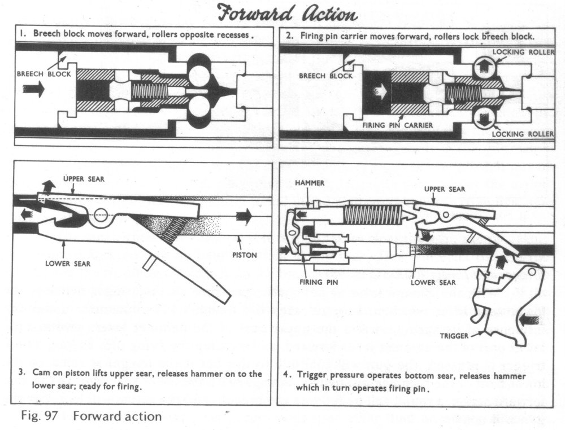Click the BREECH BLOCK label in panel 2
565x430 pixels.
point(325,76)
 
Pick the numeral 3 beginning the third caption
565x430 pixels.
point(20,374)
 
